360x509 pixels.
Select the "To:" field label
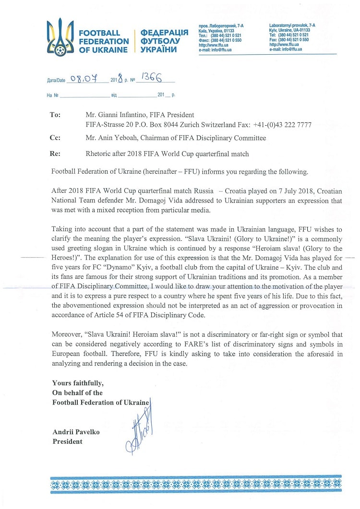55,115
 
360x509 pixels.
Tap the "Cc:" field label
55,138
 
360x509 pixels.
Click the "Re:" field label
55,154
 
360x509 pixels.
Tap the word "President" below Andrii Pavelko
67,441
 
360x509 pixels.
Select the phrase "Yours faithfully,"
77,383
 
